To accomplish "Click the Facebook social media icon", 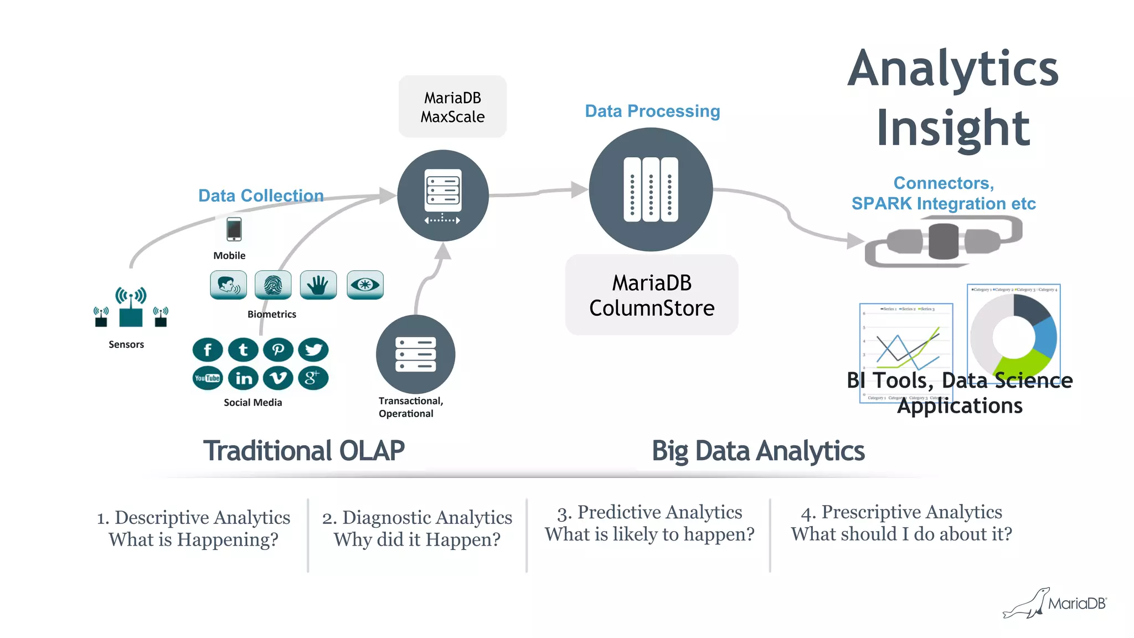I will tap(208, 350).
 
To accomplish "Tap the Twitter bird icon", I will tap(313, 350).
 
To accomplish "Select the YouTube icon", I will tap(208, 378).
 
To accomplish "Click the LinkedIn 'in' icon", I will tap(244, 378).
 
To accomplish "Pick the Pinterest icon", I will tap(278, 350).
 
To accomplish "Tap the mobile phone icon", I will tap(234, 229).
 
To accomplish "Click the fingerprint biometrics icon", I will tap(273, 285).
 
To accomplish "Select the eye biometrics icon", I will tap(365, 285).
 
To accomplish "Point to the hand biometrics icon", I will tap(318, 285).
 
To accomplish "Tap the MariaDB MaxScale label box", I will tap(452, 107).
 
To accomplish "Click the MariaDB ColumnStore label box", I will tap(652, 295).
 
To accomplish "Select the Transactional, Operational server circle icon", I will tap(415, 354).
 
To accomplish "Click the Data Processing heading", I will tap(652, 111).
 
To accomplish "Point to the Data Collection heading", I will tap(261, 195).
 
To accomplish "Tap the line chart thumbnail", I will tap(906, 346).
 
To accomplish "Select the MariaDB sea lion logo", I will tap(1027, 604).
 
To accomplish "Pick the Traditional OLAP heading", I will tap(303, 451).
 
